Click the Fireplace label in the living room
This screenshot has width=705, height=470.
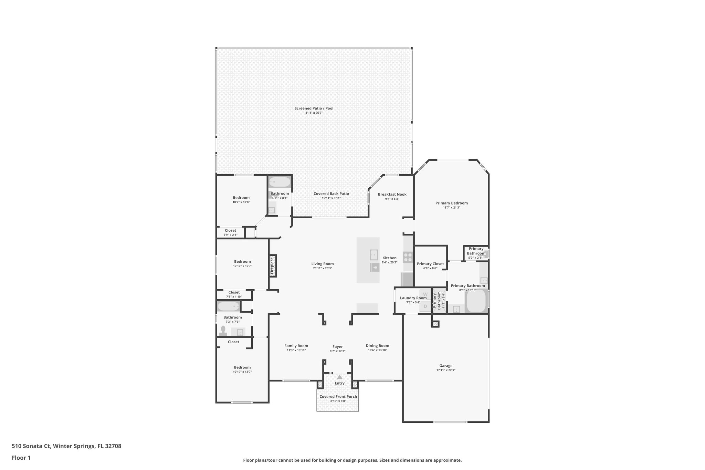272,265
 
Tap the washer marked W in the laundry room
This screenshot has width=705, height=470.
425,294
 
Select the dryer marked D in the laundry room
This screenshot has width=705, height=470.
425,306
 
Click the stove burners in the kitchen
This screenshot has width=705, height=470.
408,257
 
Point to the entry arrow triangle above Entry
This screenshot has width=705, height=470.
339,377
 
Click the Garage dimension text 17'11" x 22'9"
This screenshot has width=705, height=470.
446,370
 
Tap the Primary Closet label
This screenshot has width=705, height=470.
430,264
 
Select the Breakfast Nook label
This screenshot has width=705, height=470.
392,194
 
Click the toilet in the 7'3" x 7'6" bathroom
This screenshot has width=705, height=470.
223,331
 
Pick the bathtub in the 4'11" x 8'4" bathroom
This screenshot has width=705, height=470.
280,181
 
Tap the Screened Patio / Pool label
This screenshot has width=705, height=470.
314,108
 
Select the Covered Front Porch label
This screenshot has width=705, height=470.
338,397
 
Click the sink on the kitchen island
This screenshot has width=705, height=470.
373,255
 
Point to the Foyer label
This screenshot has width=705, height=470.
337,347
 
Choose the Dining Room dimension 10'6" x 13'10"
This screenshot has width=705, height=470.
377,350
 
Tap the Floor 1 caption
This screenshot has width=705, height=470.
21,458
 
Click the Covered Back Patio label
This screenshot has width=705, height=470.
331,194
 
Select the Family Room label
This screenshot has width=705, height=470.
296,346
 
